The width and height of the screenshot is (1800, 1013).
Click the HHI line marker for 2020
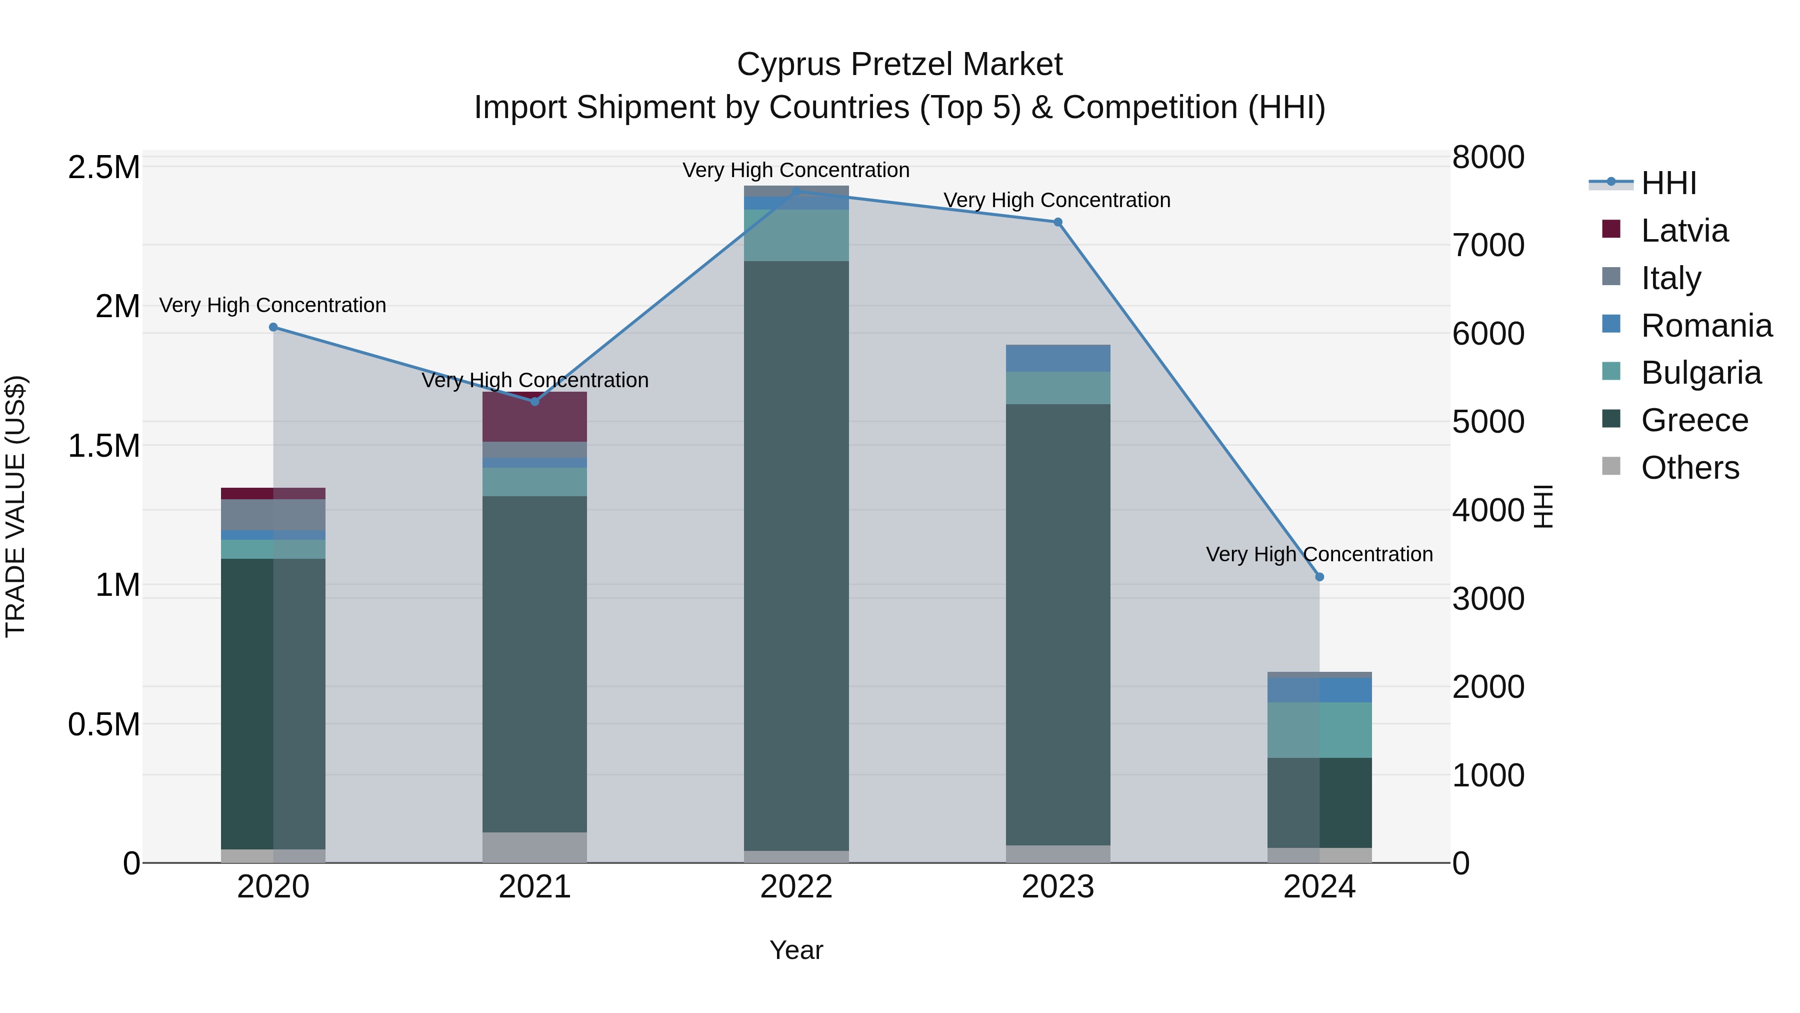click(273, 327)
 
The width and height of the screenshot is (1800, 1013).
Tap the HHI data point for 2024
click(1319, 577)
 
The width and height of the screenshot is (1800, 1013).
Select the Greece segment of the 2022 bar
click(796, 556)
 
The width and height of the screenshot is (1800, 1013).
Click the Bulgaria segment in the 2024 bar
click(1319, 730)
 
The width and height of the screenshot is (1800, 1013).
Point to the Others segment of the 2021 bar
click(534, 847)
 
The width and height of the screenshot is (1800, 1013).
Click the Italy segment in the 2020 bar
click(273, 515)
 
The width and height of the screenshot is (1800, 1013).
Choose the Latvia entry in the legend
click(1684, 231)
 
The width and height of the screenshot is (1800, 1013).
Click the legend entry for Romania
click(1705, 326)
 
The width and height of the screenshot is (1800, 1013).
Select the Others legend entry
click(1689, 468)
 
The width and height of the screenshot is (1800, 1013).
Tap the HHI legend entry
click(1668, 183)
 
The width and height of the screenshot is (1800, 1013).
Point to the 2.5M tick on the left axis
click(103, 168)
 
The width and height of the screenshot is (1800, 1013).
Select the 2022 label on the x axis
click(796, 887)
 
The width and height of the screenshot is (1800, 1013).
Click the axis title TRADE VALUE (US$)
click(15, 506)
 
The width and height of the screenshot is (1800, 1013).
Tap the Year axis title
click(796, 950)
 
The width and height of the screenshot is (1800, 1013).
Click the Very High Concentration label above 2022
click(796, 170)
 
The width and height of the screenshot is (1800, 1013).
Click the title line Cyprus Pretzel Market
click(899, 65)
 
